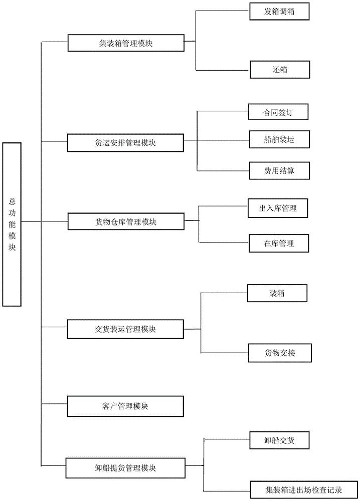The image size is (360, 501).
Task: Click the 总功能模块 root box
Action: point(12,224)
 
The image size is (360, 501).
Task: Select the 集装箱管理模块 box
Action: point(126,43)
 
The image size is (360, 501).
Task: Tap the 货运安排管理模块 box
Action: point(125,143)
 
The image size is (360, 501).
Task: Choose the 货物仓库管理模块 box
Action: point(126,221)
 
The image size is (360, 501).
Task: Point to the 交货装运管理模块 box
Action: point(125,329)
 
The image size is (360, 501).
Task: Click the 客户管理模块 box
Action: point(125,406)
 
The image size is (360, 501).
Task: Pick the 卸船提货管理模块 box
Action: point(125,468)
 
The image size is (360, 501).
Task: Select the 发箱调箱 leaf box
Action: point(279,12)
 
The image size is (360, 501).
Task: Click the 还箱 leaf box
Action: point(280,69)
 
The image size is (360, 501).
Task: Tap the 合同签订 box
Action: point(278,112)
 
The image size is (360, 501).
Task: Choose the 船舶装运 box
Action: point(279,139)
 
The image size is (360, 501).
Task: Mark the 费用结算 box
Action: point(279,171)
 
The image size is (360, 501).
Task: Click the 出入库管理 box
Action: point(278,208)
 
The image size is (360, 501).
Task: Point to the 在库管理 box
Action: point(279,243)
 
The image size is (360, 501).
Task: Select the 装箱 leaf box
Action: point(277,293)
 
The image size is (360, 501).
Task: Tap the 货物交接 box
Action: point(280,353)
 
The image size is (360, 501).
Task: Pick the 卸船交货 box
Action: point(279,440)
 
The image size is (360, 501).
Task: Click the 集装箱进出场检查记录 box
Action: point(304,489)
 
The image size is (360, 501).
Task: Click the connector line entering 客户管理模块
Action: point(54,403)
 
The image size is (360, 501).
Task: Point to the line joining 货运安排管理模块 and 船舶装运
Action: point(217,140)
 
